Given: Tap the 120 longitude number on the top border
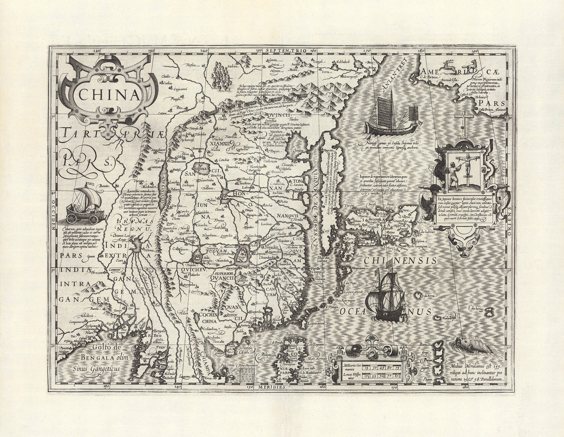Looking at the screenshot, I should coord(96,51).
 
